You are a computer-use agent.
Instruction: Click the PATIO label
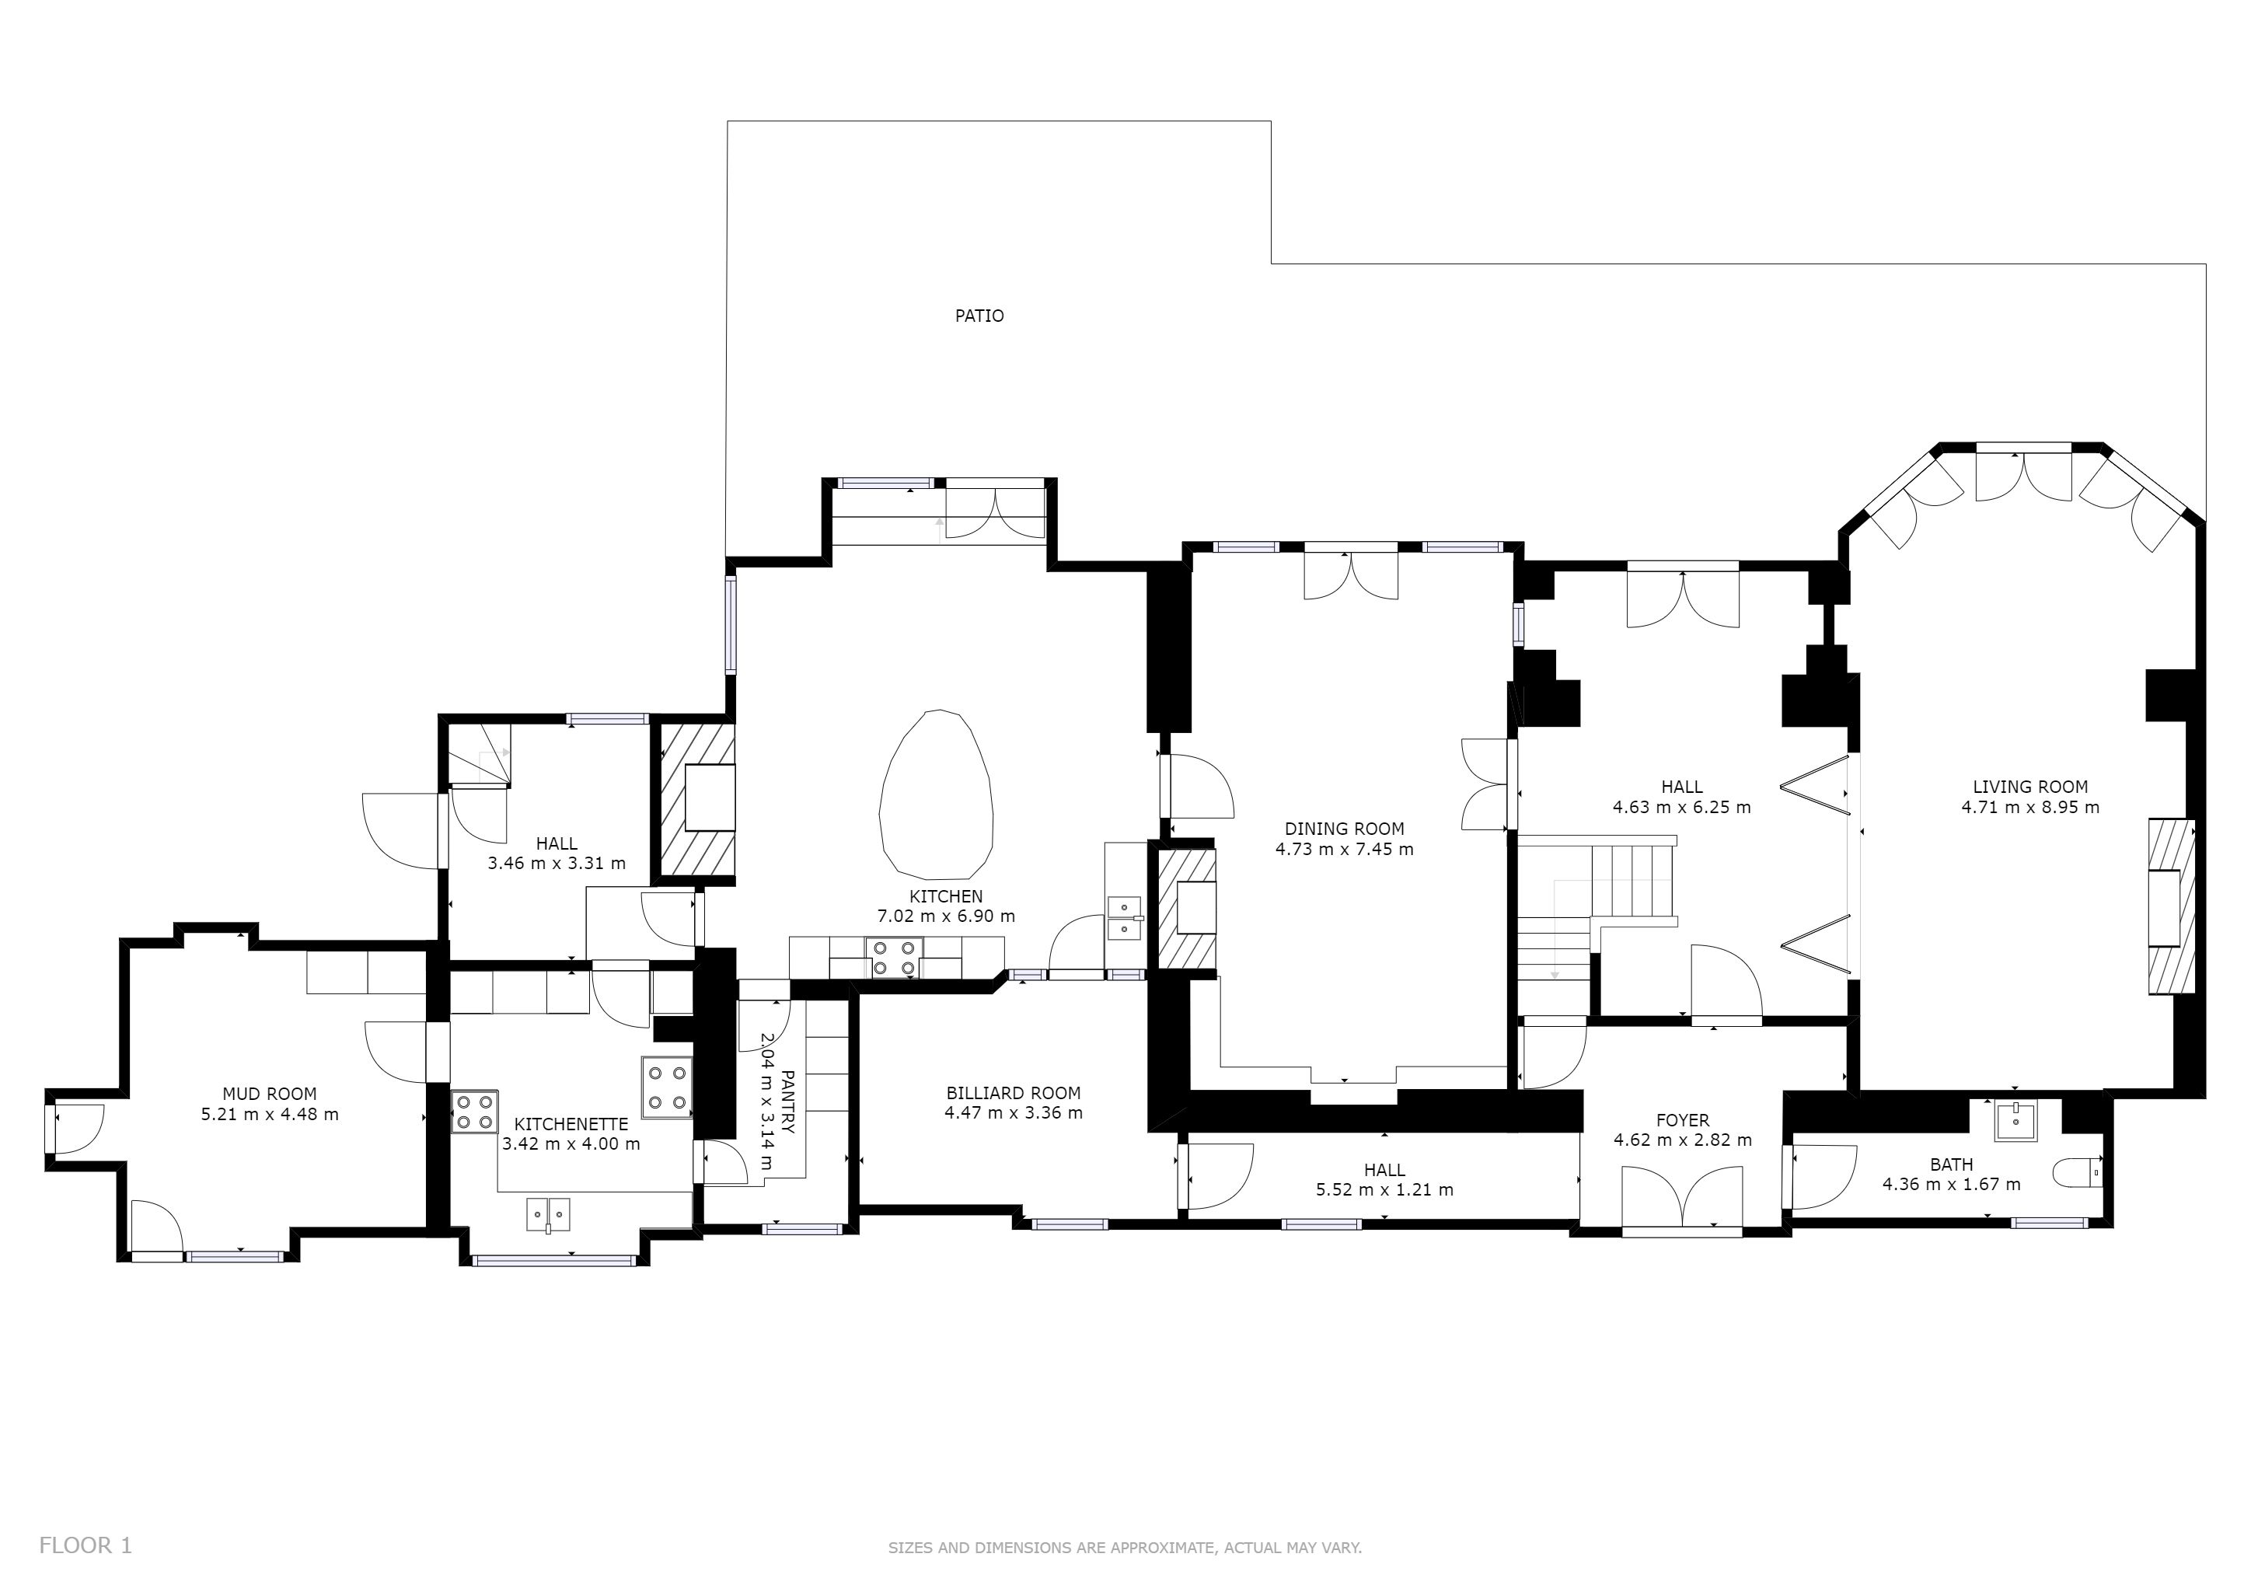tap(979, 316)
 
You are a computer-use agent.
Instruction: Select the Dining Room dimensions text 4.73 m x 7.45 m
tap(1344, 849)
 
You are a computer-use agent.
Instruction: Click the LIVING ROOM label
tap(2030, 786)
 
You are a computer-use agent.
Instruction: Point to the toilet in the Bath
tap(2078, 1171)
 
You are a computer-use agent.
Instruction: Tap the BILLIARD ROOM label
tap(1014, 1092)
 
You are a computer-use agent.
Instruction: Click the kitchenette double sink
tap(549, 1213)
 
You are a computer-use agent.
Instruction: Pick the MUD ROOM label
tap(270, 1093)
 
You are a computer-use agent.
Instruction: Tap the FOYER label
tap(1682, 1119)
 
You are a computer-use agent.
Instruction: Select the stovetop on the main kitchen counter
tap(894, 958)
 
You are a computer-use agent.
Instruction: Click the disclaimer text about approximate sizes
tap(1125, 1548)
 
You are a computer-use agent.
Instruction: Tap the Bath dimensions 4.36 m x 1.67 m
tap(1951, 1183)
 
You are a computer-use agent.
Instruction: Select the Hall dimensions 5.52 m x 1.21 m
tap(1384, 1189)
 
